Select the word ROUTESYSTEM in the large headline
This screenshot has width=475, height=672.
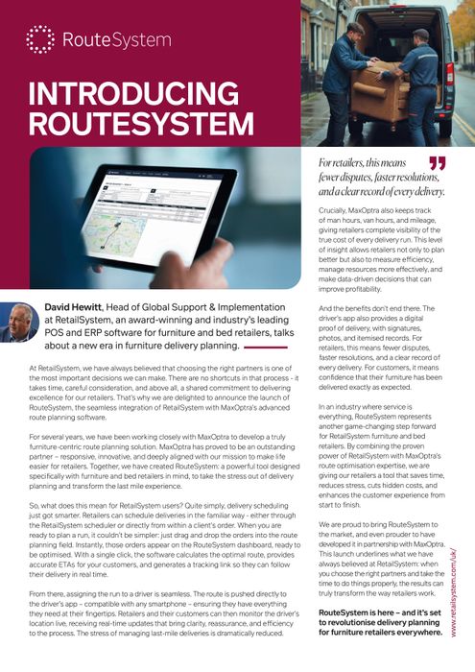pyautogui.click(x=142, y=124)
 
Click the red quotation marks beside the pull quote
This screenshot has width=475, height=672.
pyautogui.click(x=438, y=165)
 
